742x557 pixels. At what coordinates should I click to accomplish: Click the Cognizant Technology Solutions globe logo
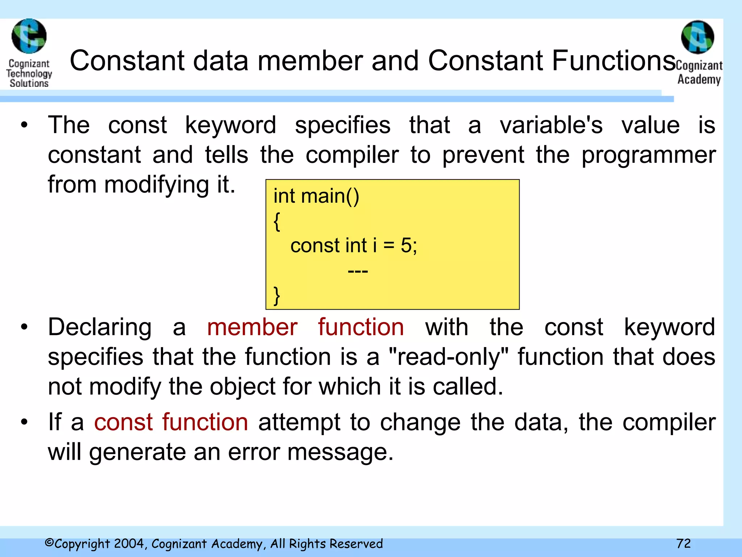pyautogui.click(x=29, y=36)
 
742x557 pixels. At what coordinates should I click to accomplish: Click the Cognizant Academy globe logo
pyautogui.click(x=697, y=37)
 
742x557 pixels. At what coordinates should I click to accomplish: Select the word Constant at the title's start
pyautogui.click(x=127, y=61)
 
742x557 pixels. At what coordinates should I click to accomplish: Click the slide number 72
pyautogui.click(x=683, y=543)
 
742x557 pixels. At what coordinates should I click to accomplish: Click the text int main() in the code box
pyautogui.click(x=316, y=196)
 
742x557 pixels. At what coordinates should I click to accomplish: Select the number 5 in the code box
pyautogui.click(x=406, y=246)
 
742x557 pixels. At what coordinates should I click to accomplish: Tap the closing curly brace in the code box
pyautogui.click(x=277, y=296)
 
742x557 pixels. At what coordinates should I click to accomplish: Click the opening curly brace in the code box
pyautogui.click(x=277, y=221)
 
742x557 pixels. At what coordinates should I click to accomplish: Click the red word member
pyautogui.click(x=252, y=327)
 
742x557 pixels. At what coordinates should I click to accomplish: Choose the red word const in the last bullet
pyautogui.click(x=124, y=422)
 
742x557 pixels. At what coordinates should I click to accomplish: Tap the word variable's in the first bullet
pyautogui.click(x=551, y=125)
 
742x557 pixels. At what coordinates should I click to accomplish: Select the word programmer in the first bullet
pyautogui.click(x=649, y=155)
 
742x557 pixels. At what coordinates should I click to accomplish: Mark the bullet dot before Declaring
pyautogui.click(x=24, y=327)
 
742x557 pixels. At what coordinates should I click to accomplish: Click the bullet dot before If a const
pyautogui.click(x=24, y=422)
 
